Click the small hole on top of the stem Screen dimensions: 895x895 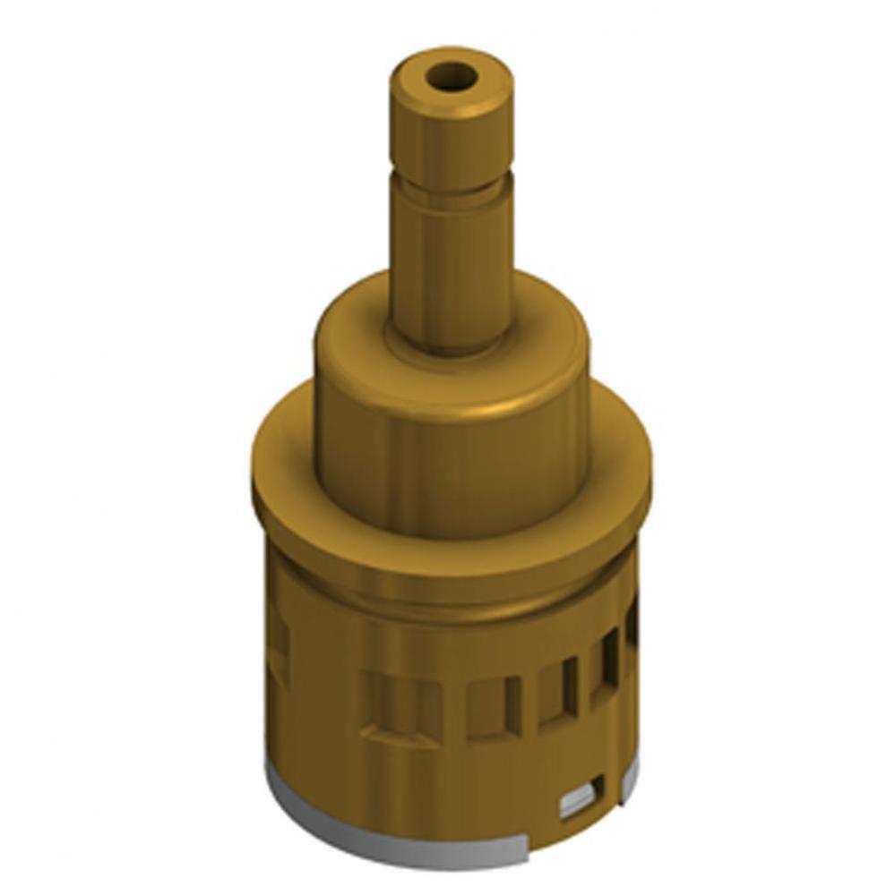(451, 78)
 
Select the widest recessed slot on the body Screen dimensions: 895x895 (400, 707)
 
